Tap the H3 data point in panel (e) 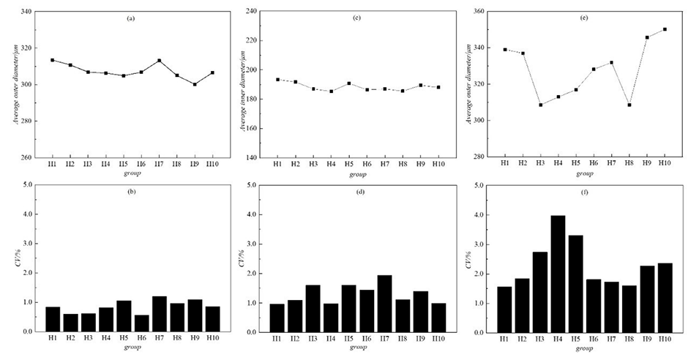540,105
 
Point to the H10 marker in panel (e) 665,29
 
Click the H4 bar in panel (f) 558,274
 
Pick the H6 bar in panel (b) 141,323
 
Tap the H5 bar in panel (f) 576,283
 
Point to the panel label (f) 584,193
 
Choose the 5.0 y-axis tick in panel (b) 27,185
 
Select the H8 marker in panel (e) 629,105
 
